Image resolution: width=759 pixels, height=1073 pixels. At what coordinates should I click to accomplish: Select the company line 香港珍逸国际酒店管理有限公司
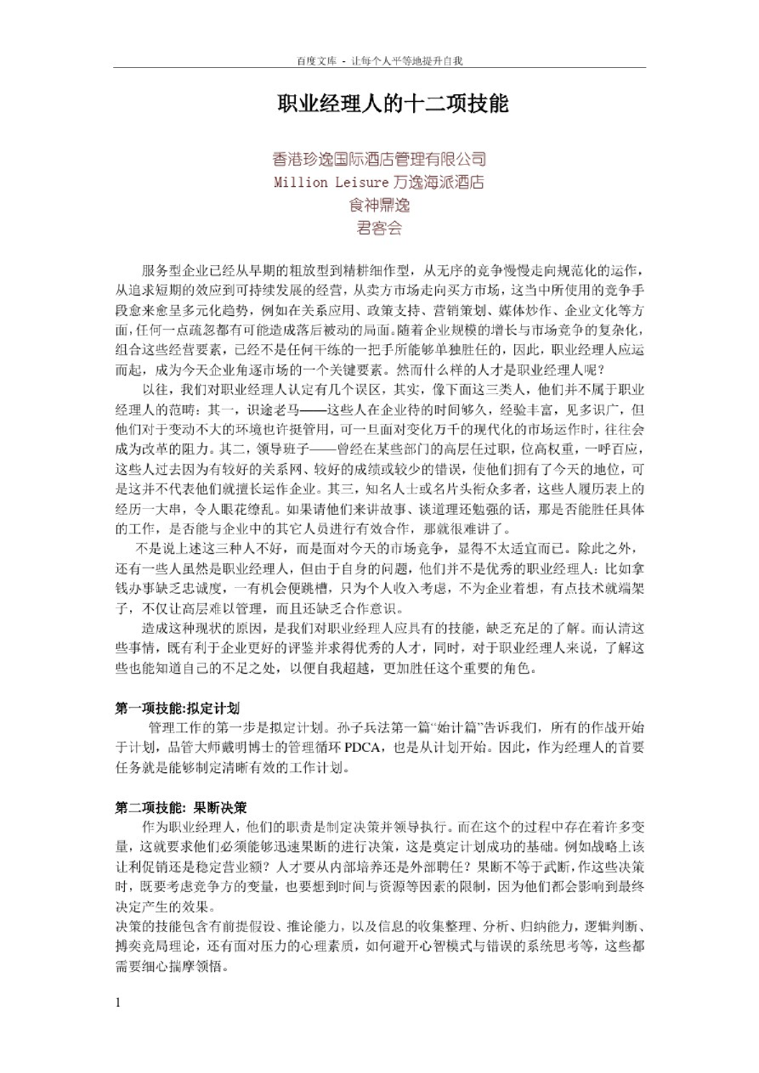point(379,159)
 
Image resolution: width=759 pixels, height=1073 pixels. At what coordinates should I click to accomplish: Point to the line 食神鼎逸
point(379,205)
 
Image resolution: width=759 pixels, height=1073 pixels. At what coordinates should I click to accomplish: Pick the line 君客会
point(379,228)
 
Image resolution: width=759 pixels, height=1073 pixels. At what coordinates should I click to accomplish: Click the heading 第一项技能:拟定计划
point(178,708)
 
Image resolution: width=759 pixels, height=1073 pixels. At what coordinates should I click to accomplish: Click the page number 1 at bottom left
point(119,1002)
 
